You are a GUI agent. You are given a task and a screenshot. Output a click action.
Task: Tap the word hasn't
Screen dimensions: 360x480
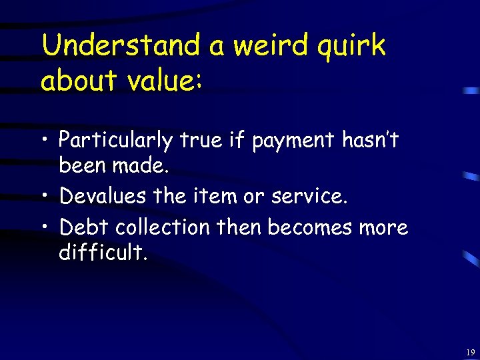tap(370, 140)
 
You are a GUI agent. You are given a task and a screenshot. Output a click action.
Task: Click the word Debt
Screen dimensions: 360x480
tap(84, 228)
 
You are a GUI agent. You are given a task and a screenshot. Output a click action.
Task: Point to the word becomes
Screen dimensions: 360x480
tap(309, 228)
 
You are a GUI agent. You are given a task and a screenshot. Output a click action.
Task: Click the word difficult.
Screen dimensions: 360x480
tap(102, 252)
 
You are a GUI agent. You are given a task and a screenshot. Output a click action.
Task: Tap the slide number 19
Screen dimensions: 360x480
tap(471, 352)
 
